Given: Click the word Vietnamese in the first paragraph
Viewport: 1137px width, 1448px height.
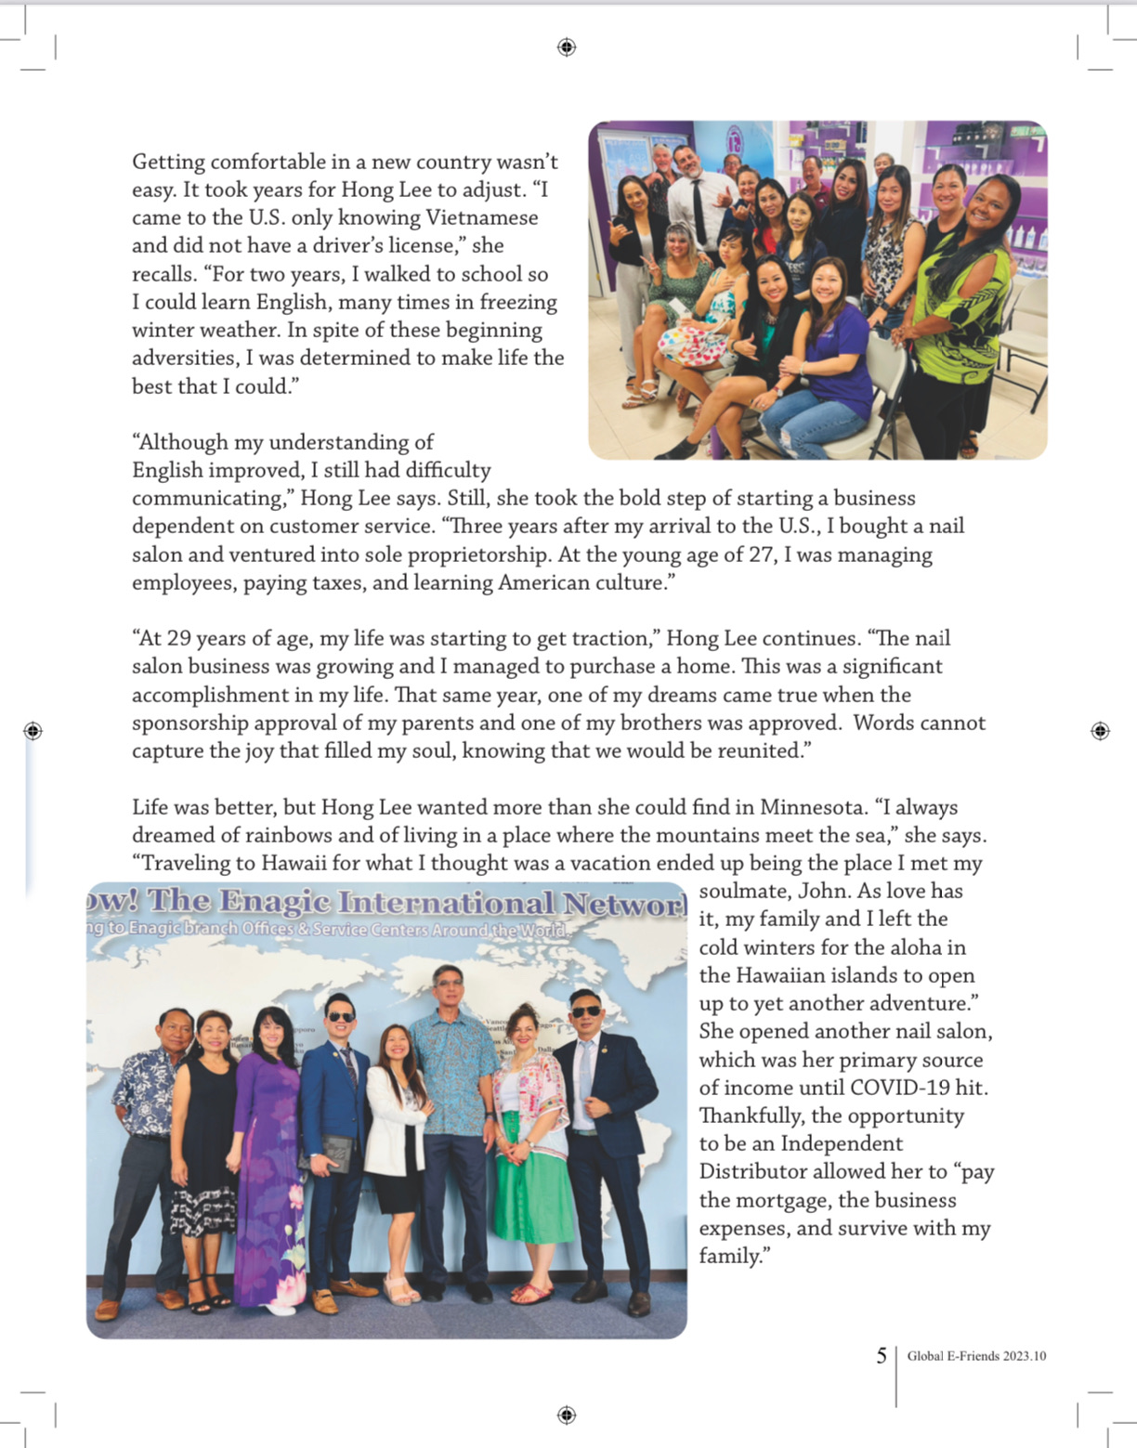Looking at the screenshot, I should pyautogui.click(x=481, y=218).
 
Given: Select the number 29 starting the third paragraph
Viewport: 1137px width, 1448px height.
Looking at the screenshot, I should pyautogui.click(x=178, y=639).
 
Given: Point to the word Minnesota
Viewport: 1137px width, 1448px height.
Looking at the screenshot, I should pyautogui.click(x=812, y=807).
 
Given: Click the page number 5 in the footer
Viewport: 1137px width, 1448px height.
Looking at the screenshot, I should pyautogui.click(x=882, y=1356).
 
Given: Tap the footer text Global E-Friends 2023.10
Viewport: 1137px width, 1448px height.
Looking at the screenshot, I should pyautogui.click(x=976, y=1356).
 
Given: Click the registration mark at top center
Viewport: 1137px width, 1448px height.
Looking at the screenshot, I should pyautogui.click(x=567, y=47).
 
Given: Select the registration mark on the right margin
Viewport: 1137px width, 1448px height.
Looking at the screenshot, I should pyautogui.click(x=1100, y=731).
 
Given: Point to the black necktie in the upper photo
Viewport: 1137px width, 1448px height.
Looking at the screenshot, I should pyautogui.click(x=697, y=212).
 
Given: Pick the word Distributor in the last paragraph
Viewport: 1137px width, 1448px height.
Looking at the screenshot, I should pyautogui.click(x=751, y=1172).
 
